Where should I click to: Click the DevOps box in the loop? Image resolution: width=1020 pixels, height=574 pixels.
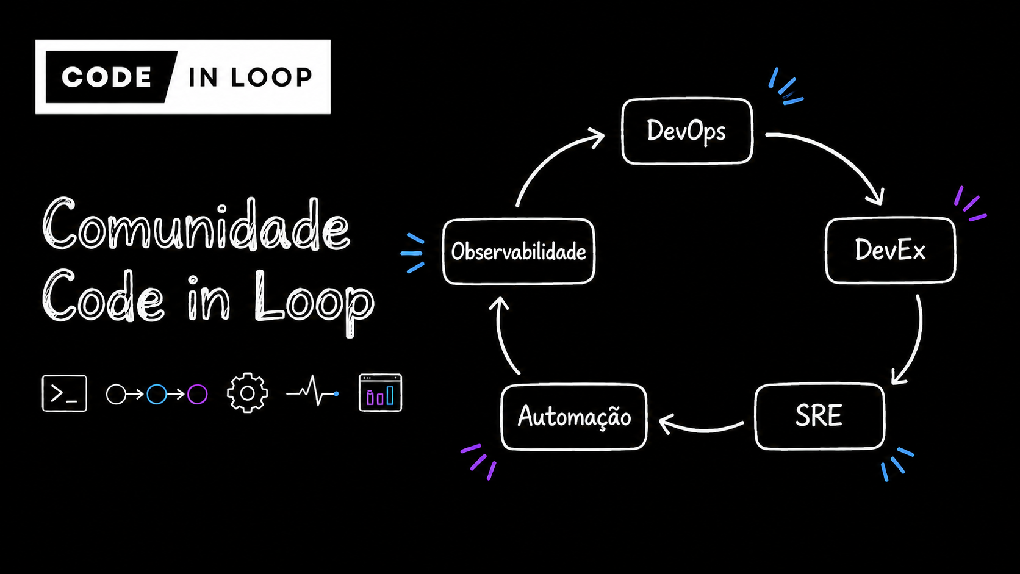coord(687,131)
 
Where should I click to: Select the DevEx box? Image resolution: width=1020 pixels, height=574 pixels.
coord(890,250)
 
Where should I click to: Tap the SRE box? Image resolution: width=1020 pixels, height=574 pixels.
coord(820,417)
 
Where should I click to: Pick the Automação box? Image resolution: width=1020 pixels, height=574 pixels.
coord(573,417)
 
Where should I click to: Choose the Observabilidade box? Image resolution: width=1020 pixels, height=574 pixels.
coord(519,252)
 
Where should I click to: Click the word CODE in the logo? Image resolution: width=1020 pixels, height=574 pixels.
coord(107,77)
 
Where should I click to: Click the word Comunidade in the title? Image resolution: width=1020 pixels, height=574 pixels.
coord(196,224)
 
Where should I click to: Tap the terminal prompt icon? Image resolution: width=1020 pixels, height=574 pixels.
coord(64,393)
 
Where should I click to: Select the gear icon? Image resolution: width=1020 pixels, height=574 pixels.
coord(247,393)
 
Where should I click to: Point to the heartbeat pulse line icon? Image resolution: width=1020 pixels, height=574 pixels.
coord(312,390)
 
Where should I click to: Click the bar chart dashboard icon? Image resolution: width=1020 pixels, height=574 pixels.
coord(380,392)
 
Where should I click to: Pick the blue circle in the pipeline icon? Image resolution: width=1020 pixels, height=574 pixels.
coord(157,394)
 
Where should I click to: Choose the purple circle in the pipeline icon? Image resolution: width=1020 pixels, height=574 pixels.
coord(197,394)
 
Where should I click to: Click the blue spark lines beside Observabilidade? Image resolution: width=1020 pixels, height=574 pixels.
coord(413,254)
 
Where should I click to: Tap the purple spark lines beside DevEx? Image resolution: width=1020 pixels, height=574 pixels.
coord(970,205)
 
